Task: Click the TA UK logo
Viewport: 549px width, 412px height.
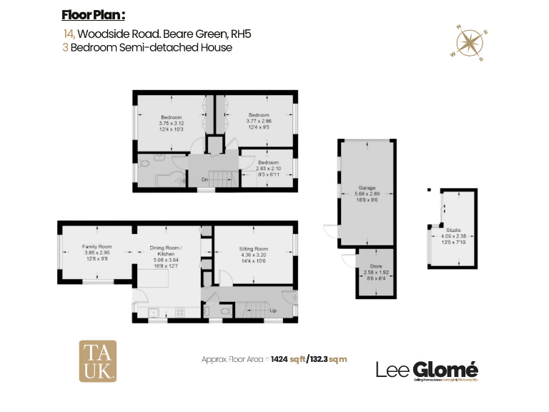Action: [97, 360]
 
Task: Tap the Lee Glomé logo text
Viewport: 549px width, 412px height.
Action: [427, 369]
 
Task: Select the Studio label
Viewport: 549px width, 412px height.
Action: [453, 230]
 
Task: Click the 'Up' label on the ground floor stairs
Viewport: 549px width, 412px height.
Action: [274, 310]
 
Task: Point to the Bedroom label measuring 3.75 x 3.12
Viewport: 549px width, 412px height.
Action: [171, 117]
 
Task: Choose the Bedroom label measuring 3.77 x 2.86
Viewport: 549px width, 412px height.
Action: [259, 115]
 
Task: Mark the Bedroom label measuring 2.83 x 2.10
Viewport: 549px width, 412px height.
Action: [268, 162]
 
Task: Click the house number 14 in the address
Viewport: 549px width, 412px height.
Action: [69, 34]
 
